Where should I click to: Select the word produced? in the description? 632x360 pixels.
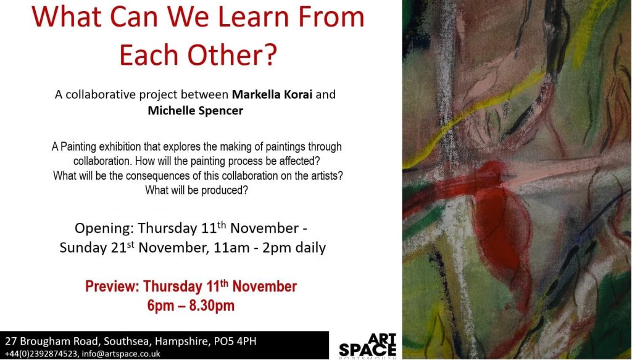tap(225, 190)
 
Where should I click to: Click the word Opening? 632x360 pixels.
tap(104, 228)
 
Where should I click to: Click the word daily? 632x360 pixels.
tap(310, 248)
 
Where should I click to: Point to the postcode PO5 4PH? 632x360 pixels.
tap(235, 341)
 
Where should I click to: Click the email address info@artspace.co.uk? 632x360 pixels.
tap(121, 354)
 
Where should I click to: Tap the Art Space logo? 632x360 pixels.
tap(368, 345)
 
